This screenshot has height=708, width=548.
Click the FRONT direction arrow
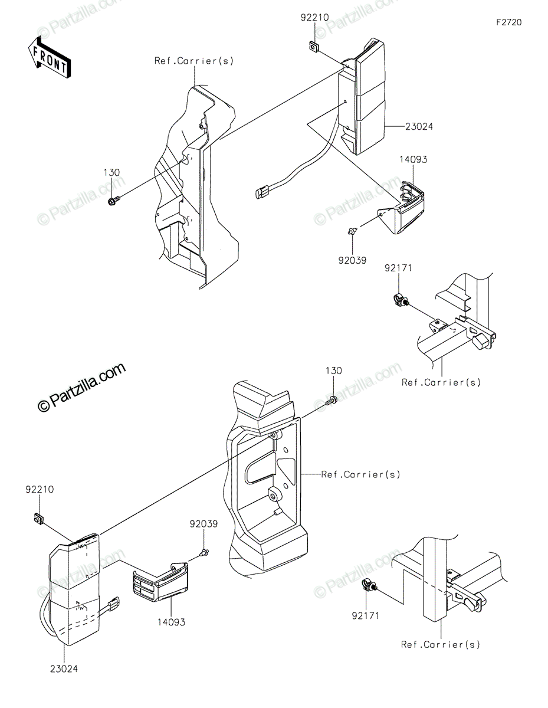click(x=49, y=57)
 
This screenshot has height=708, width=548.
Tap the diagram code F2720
click(x=509, y=22)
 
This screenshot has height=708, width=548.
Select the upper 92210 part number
click(x=315, y=17)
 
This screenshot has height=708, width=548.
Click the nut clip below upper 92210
click(x=314, y=46)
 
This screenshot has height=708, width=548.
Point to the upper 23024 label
click(x=419, y=126)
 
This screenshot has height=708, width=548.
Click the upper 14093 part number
click(x=414, y=160)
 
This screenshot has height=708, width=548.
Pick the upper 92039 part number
click(x=352, y=260)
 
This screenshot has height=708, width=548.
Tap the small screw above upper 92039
click(x=352, y=232)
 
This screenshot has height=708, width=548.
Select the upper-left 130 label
click(x=111, y=173)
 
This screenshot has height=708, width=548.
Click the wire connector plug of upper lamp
click(x=262, y=192)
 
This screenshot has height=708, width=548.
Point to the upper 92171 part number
click(x=398, y=268)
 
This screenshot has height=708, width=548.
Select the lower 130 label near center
click(x=334, y=371)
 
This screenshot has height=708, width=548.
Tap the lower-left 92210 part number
click(x=40, y=489)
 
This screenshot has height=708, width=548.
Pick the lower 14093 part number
click(x=172, y=622)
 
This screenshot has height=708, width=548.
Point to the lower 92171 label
click(x=366, y=616)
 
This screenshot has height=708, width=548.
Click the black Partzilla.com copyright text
click(x=82, y=388)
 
